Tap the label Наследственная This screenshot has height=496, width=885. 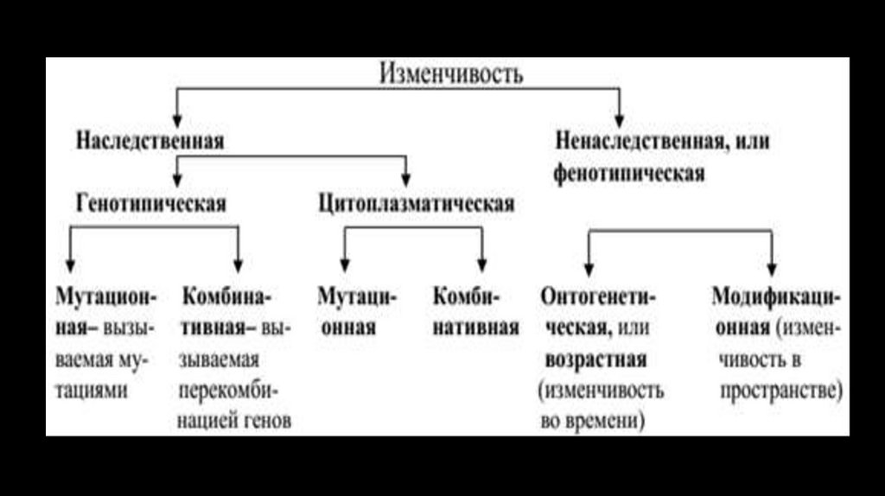click(x=150, y=141)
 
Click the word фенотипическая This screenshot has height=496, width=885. click(x=629, y=173)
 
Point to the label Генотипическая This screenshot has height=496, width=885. click(x=151, y=204)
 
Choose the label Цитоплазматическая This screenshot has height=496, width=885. click(x=416, y=204)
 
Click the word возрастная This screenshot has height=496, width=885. click(x=597, y=359)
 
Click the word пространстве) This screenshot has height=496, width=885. click(x=780, y=390)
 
